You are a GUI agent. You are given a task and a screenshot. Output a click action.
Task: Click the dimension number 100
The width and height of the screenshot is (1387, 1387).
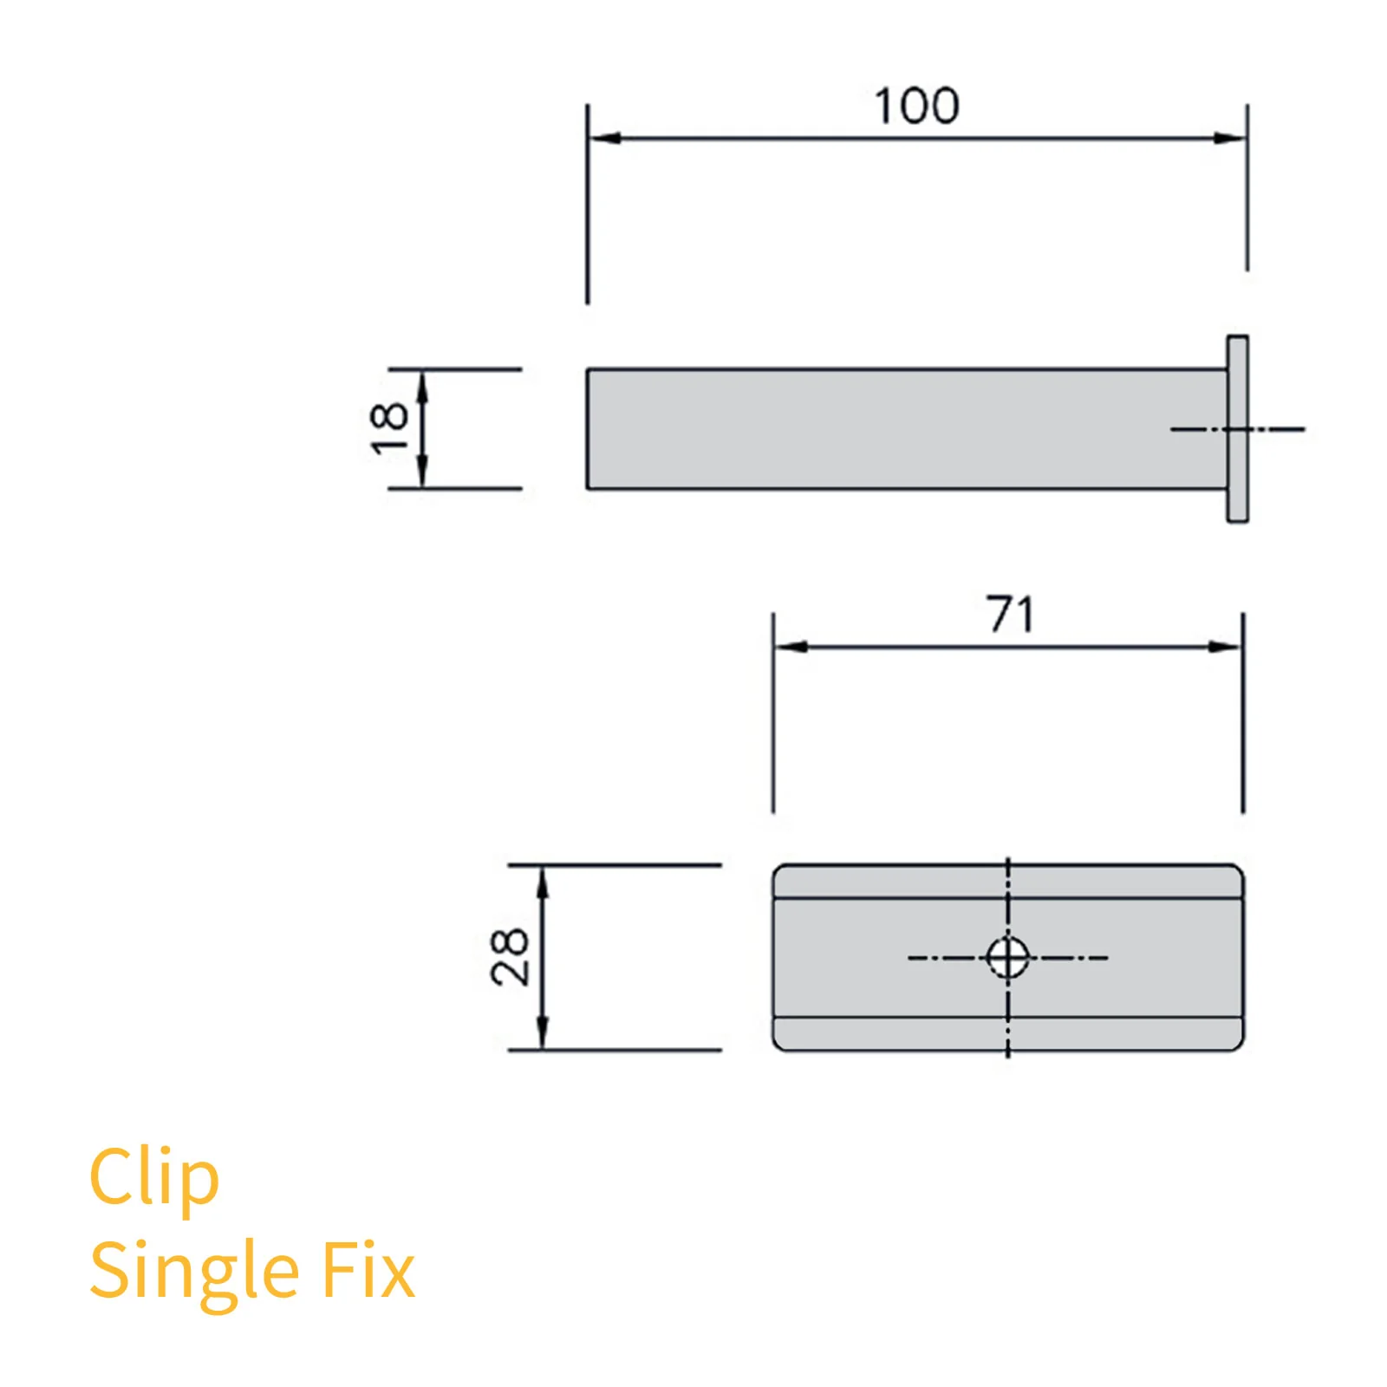(916, 107)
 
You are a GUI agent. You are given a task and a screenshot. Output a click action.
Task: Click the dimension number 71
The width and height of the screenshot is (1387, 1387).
(1010, 615)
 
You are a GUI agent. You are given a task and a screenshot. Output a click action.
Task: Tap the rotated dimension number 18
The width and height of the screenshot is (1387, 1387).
(388, 428)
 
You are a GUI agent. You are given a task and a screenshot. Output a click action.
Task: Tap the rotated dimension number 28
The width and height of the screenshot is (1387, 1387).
(510, 957)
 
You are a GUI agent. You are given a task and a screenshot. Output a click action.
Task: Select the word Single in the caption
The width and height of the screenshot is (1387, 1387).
(195, 1273)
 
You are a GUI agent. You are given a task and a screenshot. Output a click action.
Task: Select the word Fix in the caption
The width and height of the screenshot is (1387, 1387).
(368, 1271)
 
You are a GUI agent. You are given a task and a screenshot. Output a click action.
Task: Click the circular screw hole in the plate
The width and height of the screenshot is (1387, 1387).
(1007, 958)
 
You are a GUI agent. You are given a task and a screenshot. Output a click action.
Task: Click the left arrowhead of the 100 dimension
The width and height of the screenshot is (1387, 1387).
(603, 138)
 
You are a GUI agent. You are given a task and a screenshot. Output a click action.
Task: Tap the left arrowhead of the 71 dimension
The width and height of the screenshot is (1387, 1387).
(790, 647)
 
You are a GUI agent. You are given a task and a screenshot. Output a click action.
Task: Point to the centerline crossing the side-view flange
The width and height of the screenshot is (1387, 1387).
(1274, 429)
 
